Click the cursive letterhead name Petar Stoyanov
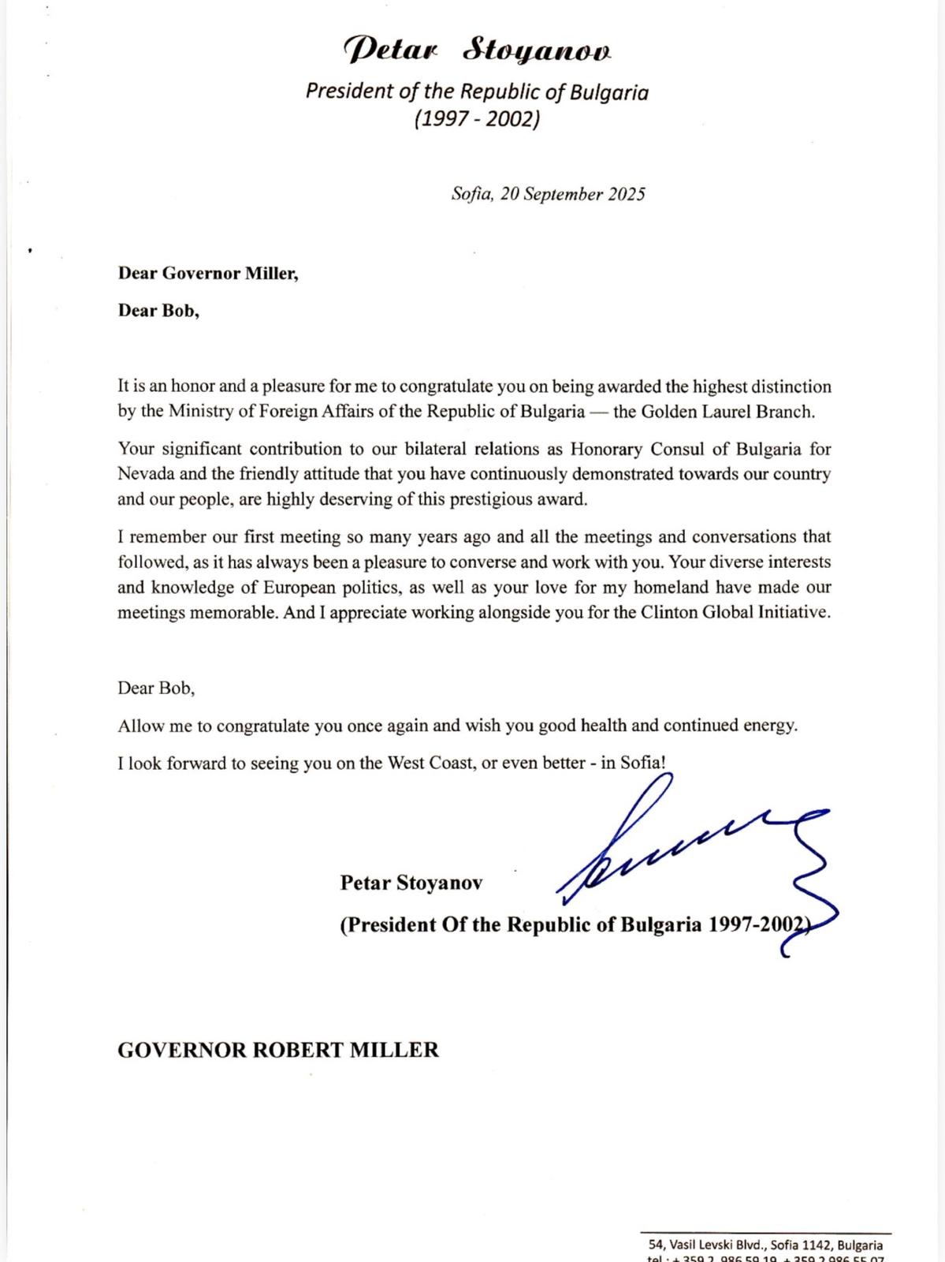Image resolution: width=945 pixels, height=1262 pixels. pos(478,51)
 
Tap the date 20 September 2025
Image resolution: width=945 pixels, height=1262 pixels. pos(573,194)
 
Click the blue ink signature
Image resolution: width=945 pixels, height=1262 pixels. pos(694,860)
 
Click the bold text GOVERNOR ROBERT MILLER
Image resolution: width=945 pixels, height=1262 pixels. pos(277,1050)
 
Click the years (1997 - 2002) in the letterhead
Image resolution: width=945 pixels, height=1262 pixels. pos(477,119)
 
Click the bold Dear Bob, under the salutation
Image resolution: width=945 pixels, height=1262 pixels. pos(158,310)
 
